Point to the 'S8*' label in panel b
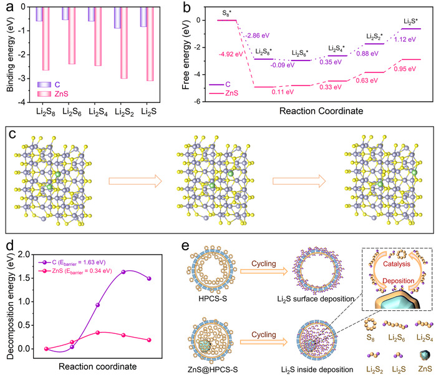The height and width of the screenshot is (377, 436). click(228, 12)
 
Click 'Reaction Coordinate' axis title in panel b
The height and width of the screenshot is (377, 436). click(319, 114)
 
